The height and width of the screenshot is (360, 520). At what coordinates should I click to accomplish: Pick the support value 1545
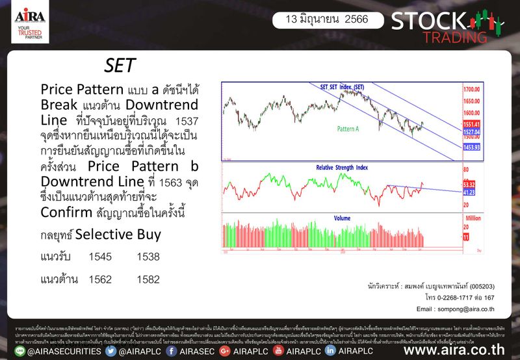pyautogui.click(x=100, y=257)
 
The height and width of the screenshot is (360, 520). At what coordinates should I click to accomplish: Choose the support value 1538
pyautogui.click(x=148, y=257)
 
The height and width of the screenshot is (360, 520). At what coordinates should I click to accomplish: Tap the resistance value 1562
pyautogui.click(x=100, y=279)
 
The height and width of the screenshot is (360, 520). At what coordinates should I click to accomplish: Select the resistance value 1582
pyautogui.click(x=148, y=279)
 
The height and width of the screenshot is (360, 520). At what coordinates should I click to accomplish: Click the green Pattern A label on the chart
pyautogui.click(x=348, y=129)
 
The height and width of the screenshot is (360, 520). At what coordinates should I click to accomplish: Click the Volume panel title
pyautogui.click(x=343, y=218)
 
